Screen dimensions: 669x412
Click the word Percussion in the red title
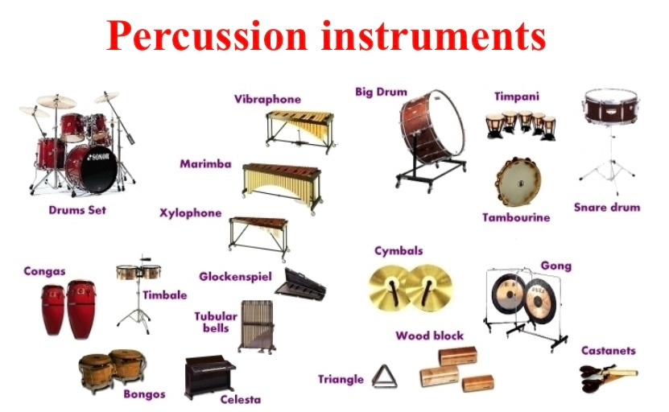tap(207, 37)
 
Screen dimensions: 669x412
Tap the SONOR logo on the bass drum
tap(98, 157)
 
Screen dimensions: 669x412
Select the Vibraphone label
tap(267, 99)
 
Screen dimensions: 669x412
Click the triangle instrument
tap(385, 376)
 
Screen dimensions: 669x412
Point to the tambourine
tap(518, 182)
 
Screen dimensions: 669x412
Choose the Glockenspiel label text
tap(235, 278)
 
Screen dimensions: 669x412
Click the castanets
tap(606, 377)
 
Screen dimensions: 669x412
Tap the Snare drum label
tap(607, 208)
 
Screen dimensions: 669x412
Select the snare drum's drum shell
tap(611, 107)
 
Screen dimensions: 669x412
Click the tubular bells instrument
tap(257, 327)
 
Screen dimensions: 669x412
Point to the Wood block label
tap(429, 336)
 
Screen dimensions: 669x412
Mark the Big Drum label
tap(381, 92)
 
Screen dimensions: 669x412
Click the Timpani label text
tap(516, 97)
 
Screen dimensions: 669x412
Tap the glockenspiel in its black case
tap(300, 285)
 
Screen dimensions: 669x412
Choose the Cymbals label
tap(399, 251)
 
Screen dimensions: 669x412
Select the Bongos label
tap(144, 394)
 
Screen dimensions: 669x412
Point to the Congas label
tap(44, 272)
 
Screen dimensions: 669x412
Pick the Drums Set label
tap(77, 210)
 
